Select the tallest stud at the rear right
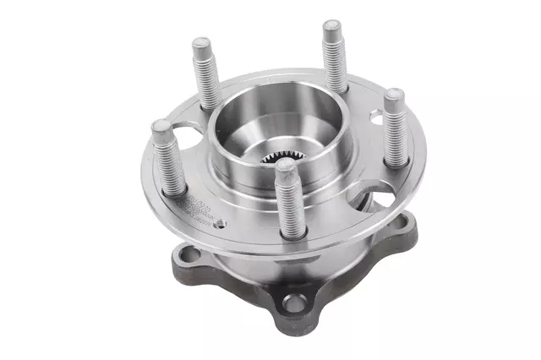pyautogui.click(x=334, y=55)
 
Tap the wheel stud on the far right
pyautogui.click(x=394, y=127)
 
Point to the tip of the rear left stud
pyautogui.click(x=202, y=41)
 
